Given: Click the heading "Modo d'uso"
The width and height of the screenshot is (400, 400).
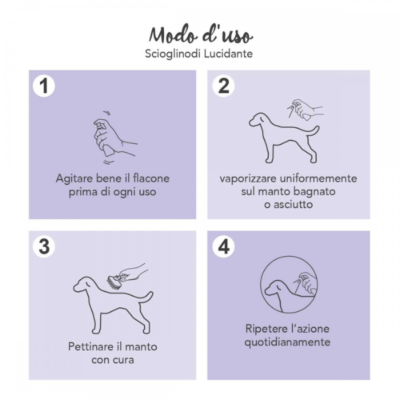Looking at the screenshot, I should tap(200, 34).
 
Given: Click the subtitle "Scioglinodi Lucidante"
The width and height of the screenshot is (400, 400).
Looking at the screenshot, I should tap(200, 53).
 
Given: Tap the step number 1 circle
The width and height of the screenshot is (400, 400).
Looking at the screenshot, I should tap(44, 86).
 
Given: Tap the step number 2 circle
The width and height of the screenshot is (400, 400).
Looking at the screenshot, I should tap(223, 86).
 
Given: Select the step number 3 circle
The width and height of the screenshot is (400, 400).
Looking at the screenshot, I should tap(44, 247).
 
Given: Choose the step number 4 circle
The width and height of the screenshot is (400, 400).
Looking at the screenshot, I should tap(223, 247).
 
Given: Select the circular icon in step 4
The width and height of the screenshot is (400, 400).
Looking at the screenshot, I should tap(289, 286).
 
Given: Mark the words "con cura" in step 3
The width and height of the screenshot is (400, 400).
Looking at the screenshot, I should tap(113, 360).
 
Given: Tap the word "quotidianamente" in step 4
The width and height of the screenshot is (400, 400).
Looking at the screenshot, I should tap(288, 343).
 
